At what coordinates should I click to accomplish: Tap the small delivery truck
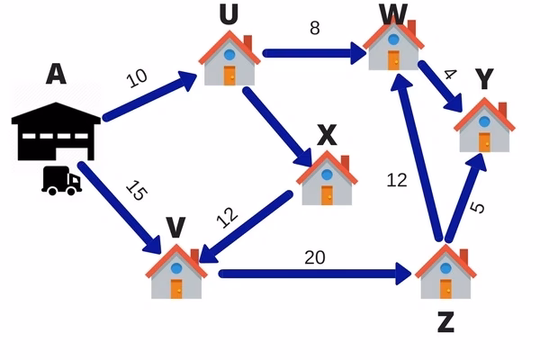coord(61,181)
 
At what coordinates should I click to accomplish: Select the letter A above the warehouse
coord(55,74)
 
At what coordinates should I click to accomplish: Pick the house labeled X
coord(326,179)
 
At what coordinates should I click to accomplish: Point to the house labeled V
coord(177,272)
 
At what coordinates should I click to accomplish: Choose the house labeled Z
coord(445,272)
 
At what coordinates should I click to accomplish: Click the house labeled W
coord(393,45)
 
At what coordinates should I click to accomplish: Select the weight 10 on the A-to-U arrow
coord(137,78)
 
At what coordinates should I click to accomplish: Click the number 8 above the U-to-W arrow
coord(314,28)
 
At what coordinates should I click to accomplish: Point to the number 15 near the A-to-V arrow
coord(135,191)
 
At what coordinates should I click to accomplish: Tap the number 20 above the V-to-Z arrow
coord(314,257)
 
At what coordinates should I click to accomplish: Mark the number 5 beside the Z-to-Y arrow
coord(478,208)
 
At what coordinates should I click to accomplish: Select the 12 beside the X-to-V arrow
coord(228,216)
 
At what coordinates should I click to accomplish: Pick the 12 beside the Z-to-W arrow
coord(397,180)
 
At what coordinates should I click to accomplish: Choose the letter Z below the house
coord(445,321)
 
